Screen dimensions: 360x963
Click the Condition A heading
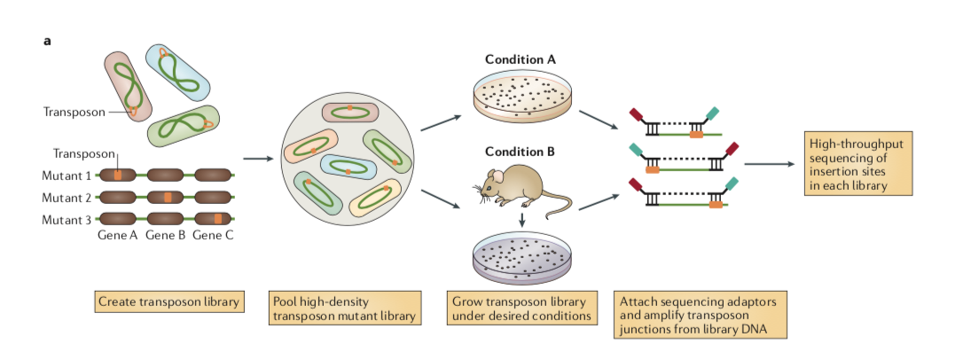point(521,59)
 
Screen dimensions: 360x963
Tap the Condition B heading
point(521,152)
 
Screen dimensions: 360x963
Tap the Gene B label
point(164,236)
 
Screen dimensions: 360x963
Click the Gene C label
point(213,236)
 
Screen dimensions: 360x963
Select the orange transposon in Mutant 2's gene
point(166,197)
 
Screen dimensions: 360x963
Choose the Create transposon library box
point(168,301)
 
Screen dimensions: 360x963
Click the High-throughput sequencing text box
point(858,164)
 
